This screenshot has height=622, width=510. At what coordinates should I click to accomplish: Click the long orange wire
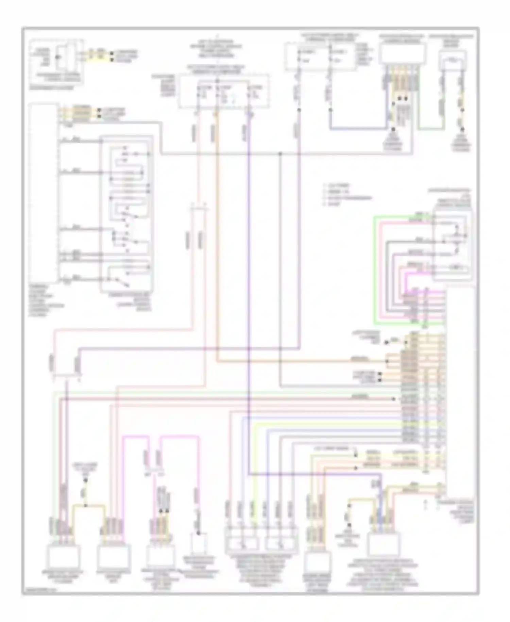pos(306,361)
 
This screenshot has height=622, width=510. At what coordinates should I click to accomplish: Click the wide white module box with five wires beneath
pos(402,54)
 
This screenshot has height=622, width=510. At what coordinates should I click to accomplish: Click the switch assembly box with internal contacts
pos(127,214)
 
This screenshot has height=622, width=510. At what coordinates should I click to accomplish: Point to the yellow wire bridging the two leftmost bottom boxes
pos(89,505)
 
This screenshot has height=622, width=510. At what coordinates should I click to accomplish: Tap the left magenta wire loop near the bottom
pos(136,437)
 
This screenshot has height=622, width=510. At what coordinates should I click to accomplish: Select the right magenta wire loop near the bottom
pos(180,436)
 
